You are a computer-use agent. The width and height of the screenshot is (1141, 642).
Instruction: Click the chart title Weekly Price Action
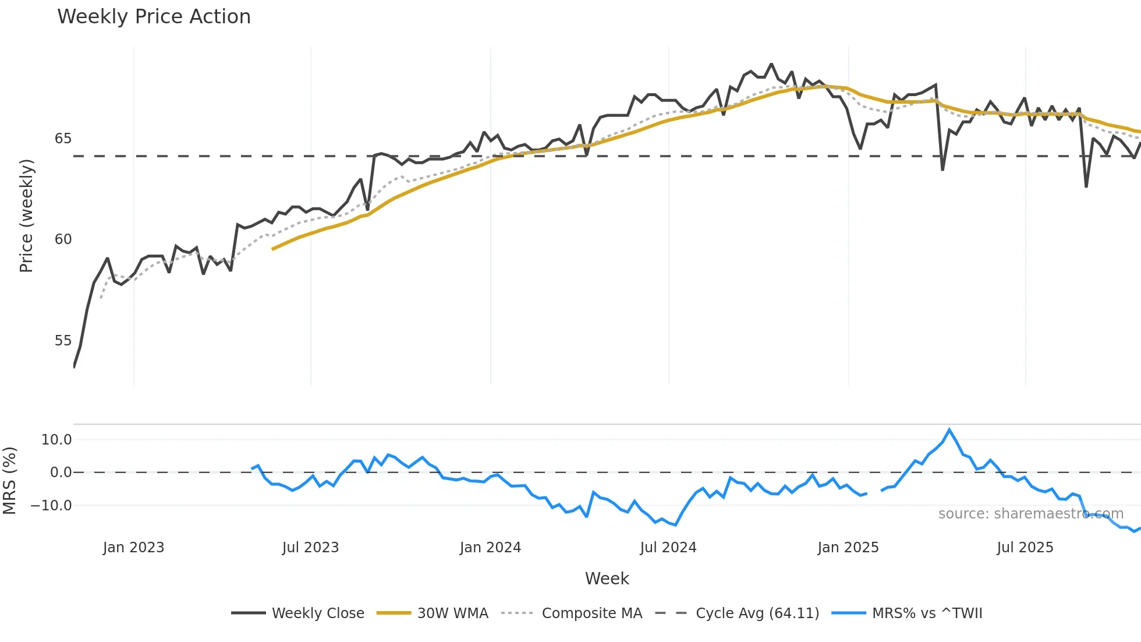(154, 17)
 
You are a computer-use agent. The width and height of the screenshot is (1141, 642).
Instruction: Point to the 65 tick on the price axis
(63, 139)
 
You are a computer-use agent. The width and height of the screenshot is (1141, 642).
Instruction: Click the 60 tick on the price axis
(63, 239)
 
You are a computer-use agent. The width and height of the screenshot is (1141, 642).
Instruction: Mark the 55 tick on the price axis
(63, 341)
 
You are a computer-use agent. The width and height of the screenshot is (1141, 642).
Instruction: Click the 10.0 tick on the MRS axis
(56, 440)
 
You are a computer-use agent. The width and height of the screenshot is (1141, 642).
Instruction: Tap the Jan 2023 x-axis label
(133, 548)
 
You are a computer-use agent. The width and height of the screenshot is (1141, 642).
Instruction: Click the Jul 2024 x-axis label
(668, 548)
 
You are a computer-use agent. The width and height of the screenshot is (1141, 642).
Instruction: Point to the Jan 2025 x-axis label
(848, 548)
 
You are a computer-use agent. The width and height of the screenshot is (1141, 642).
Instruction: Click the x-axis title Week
(607, 578)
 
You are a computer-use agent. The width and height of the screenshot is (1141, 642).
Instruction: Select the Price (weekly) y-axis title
(26, 216)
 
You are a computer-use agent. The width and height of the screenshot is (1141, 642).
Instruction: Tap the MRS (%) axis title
(9, 481)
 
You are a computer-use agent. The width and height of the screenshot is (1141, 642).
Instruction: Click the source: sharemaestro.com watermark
(1030, 514)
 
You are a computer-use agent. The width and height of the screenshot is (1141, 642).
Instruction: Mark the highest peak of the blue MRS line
(949, 430)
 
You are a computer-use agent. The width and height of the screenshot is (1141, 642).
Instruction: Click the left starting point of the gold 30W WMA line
(272, 249)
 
